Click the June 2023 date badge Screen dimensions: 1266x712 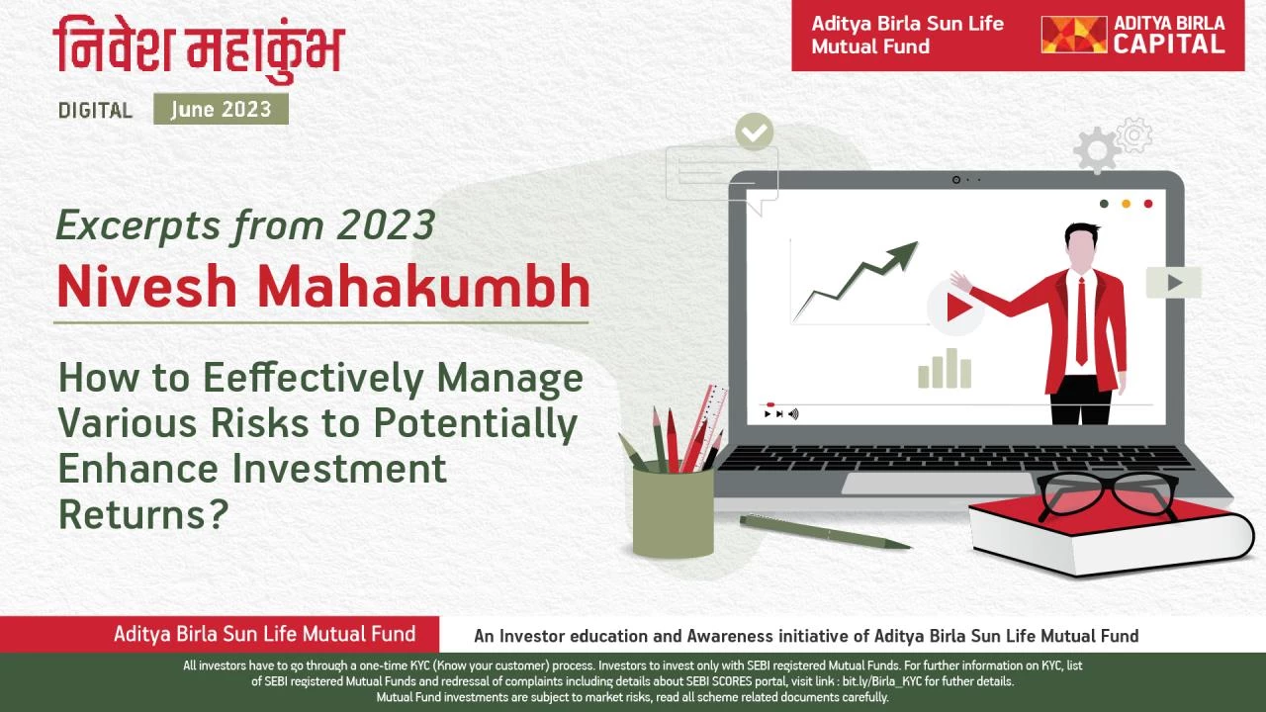point(221,109)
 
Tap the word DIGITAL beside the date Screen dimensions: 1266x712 point(95,110)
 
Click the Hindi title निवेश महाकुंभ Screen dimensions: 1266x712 point(199,48)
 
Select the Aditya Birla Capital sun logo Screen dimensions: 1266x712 point(1074,35)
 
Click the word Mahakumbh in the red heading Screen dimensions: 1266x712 point(424,287)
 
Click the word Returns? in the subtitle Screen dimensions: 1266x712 point(143,515)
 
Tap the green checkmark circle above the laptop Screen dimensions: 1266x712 point(754,132)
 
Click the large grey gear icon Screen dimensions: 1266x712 point(1097,150)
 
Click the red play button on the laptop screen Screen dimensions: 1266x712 point(956,308)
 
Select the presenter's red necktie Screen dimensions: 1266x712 point(1081,321)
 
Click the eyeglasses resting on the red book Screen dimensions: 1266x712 point(1108,495)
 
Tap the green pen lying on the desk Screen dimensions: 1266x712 point(825,532)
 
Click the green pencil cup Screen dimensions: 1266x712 point(673,511)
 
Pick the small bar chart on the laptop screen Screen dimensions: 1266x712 point(945,369)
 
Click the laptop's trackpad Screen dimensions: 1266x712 point(939,484)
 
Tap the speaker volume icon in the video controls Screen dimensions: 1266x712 point(793,414)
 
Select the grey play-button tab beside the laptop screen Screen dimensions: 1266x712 point(1173,283)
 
